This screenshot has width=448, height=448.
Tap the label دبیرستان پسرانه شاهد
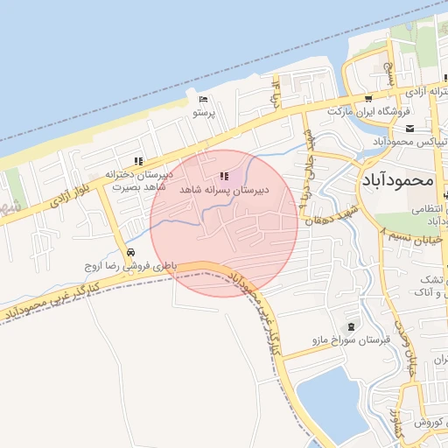[x=225, y=189]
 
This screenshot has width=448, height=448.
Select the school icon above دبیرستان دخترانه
[x=137, y=160]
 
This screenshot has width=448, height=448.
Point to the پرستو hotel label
[x=203, y=113]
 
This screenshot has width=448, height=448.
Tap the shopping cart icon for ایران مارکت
[x=368, y=99]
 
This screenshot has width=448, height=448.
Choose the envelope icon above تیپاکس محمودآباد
[x=434, y=128]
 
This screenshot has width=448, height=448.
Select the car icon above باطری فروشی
[x=131, y=252]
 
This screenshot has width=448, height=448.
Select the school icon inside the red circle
[x=225, y=176]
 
